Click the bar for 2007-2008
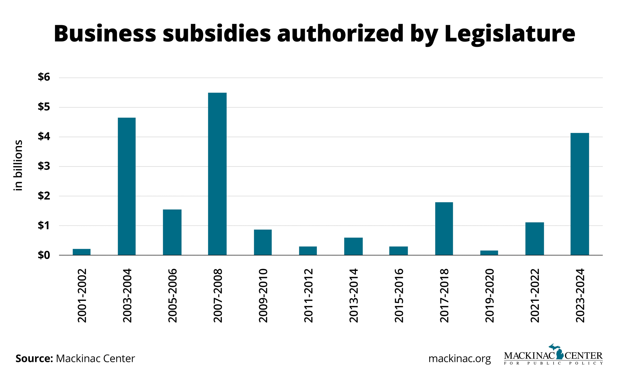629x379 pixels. click(217, 174)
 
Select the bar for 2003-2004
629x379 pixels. click(127, 186)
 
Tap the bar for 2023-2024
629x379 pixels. click(580, 194)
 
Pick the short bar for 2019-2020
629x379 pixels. click(489, 253)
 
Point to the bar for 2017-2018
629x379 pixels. click(444, 229)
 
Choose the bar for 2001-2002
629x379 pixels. click(82, 252)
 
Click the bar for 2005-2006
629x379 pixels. click(172, 232)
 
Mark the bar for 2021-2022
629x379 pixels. click(535, 239)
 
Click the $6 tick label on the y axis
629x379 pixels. click(44, 77)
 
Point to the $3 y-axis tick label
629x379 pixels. click(44, 166)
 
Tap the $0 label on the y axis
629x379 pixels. click(44, 255)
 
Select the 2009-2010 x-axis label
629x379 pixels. click(263, 295)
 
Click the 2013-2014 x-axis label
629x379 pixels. click(354, 295)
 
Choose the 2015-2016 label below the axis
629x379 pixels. click(399, 295)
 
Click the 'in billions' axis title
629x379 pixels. click(18, 165)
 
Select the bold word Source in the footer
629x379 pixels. click(34, 359)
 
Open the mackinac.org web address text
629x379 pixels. click(459, 359)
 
